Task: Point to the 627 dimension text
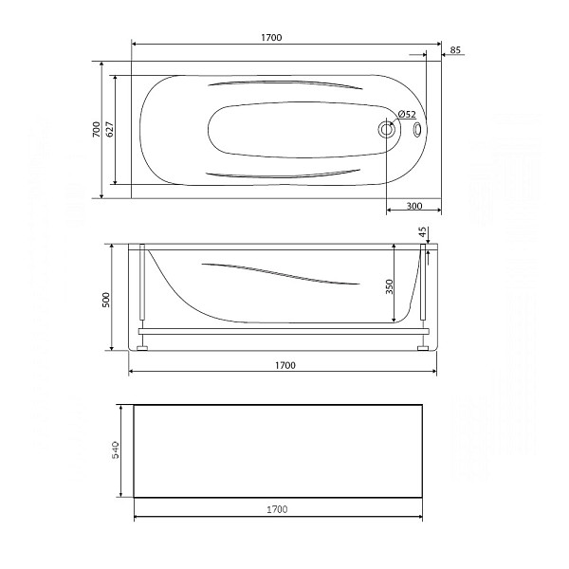tap(110, 130)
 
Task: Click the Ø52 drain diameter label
tap(406, 115)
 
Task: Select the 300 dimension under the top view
tap(414, 206)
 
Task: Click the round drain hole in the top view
tap(387, 131)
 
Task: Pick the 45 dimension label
tap(423, 233)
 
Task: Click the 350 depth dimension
tap(390, 286)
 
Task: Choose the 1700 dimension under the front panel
tap(276, 510)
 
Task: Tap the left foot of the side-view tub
tap(143, 348)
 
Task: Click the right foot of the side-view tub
tap(421, 348)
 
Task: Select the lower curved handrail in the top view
tap(284, 174)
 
